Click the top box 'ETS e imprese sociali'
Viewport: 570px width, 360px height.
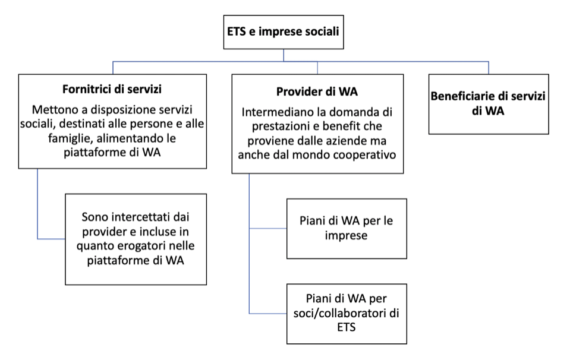[284, 32]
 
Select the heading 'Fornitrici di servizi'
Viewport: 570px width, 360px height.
[112, 89]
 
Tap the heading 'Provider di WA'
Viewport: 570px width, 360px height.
[317, 91]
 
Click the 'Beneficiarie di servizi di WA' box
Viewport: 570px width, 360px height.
[489, 105]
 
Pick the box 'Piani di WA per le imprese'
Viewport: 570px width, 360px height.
[347, 229]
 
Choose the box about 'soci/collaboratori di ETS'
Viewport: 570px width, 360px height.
[347, 314]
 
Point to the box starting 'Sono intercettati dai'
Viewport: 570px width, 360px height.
[136, 239]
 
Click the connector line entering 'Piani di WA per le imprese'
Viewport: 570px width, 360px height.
[268, 229]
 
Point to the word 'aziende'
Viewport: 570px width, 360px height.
[347, 141]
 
